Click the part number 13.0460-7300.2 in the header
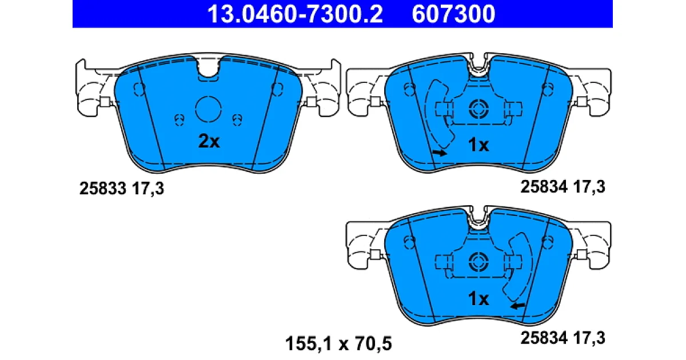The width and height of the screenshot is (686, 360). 295,14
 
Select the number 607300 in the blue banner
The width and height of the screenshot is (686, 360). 453,14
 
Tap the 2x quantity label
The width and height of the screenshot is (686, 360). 209,142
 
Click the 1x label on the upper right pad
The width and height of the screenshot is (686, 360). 478,145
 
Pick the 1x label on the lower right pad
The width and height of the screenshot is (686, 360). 478,298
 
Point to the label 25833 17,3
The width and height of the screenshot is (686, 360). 122,188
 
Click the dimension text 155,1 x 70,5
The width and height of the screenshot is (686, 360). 338,343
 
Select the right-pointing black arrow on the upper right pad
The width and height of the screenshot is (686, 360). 440,153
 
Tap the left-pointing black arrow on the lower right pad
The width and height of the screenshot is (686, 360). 517,306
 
